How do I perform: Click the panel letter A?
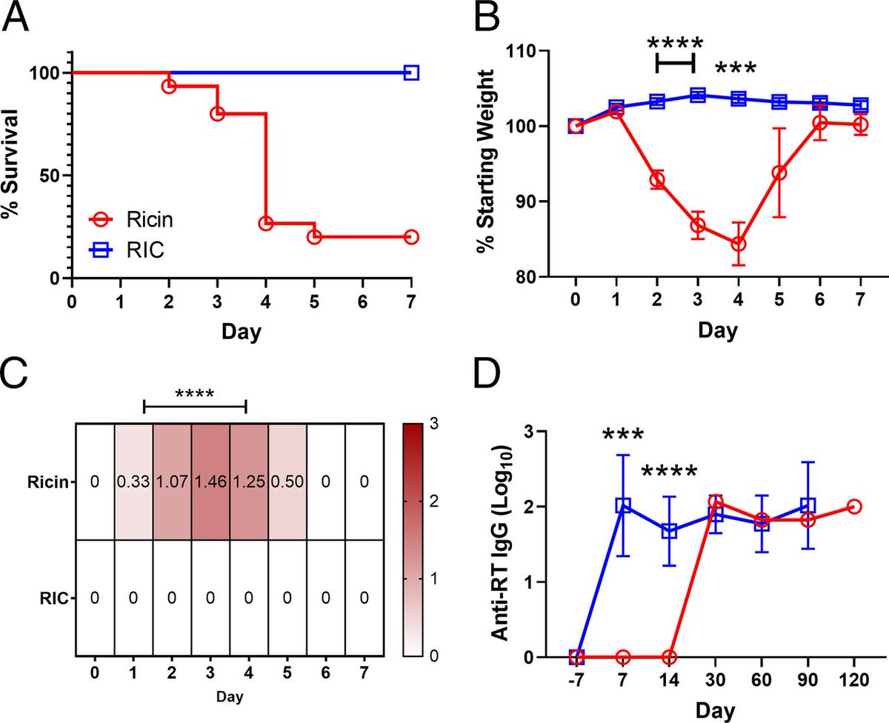pyautogui.click(x=16, y=18)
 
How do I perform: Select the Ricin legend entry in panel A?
pyautogui.click(x=131, y=220)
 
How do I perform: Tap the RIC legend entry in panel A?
pyautogui.click(x=127, y=250)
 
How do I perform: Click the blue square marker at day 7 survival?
pyautogui.click(x=411, y=73)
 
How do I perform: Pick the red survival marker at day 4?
pyautogui.click(x=266, y=223)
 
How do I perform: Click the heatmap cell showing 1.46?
pyautogui.click(x=210, y=482)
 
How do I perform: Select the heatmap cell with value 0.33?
pyautogui.click(x=133, y=482)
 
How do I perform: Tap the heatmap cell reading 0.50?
pyautogui.click(x=287, y=482)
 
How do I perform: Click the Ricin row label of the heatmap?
pyautogui.click(x=47, y=482)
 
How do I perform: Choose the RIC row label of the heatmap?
pyautogui.click(x=54, y=599)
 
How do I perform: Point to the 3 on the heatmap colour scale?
pyautogui.click(x=434, y=424)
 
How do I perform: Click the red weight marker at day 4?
pyautogui.click(x=739, y=244)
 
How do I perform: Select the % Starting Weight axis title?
pyautogui.click(x=485, y=161)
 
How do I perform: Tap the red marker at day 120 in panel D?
pyautogui.click(x=854, y=507)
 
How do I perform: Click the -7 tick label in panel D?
pyautogui.click(x=576, y=680)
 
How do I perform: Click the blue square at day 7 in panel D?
pyautogui.click(x=623, y=506)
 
